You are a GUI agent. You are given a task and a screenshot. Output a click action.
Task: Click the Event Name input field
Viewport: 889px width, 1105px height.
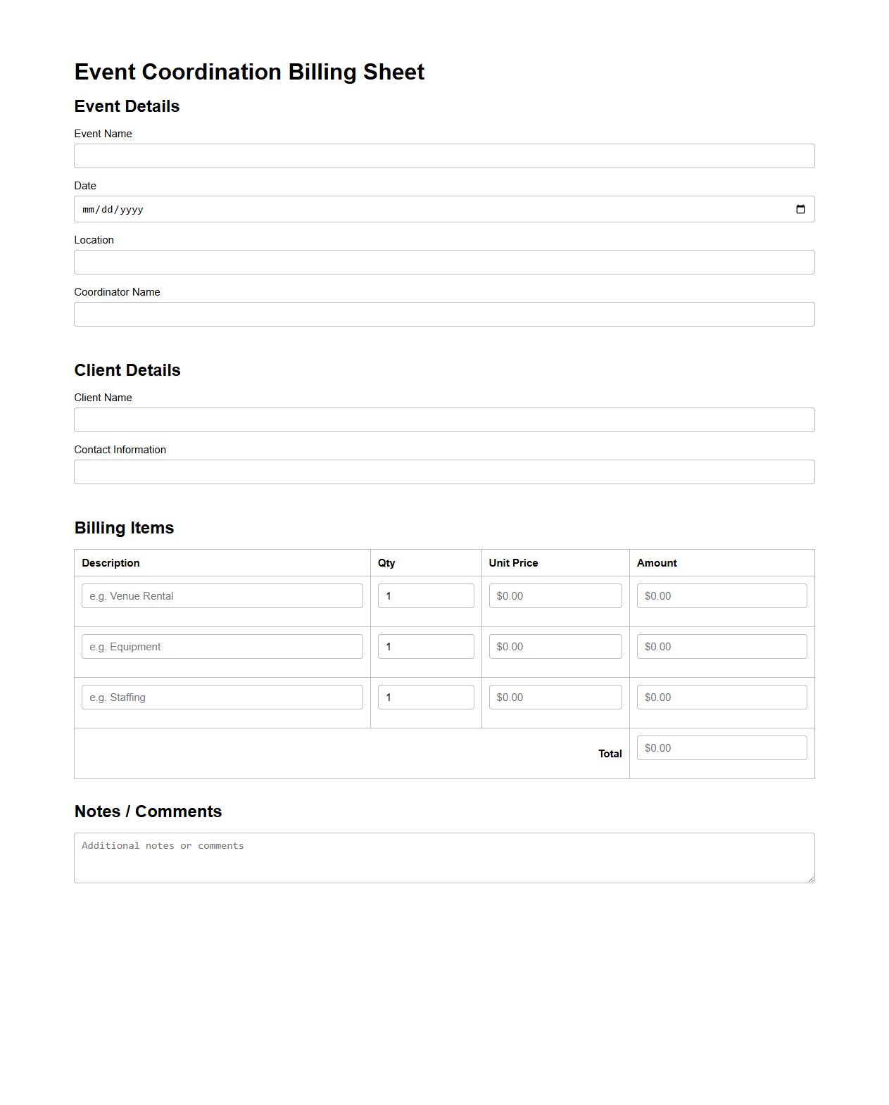444,156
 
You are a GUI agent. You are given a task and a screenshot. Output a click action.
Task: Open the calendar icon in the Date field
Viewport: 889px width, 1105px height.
800,210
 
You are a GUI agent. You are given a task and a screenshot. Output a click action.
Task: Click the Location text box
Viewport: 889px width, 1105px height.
444,263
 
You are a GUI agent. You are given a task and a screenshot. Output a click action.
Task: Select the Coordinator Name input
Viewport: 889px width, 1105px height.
444,315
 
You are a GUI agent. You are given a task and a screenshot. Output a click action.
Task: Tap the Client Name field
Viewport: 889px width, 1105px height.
444,420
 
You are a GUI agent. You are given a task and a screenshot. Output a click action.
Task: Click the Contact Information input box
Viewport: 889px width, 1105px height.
444,472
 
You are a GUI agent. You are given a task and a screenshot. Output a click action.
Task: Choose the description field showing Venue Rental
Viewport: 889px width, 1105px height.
222,596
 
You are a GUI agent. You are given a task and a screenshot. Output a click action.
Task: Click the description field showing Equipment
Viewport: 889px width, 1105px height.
222,647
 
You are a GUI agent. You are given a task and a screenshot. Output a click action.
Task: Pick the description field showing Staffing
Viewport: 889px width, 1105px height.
222,697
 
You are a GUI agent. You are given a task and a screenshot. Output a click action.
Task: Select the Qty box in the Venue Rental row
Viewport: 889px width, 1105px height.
425,596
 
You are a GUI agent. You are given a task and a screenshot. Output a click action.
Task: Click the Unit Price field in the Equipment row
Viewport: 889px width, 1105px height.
555,647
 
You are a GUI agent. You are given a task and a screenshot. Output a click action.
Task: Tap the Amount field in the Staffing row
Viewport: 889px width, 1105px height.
721,697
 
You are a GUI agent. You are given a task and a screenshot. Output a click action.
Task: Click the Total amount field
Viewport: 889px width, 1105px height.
721,748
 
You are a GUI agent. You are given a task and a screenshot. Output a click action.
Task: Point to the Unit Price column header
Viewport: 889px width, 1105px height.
513,563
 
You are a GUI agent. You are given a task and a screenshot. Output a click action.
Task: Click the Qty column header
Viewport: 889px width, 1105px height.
386,563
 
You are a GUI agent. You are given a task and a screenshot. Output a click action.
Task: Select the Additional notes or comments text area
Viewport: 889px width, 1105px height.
444,858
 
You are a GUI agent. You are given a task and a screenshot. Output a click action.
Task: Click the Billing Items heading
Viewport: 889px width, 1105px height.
124,528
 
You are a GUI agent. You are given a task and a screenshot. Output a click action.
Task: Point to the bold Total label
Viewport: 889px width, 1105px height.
610,754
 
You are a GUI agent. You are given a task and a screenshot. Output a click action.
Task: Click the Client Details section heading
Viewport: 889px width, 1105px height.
127,370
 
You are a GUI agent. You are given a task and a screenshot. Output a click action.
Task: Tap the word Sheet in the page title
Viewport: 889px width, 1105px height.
393,72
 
